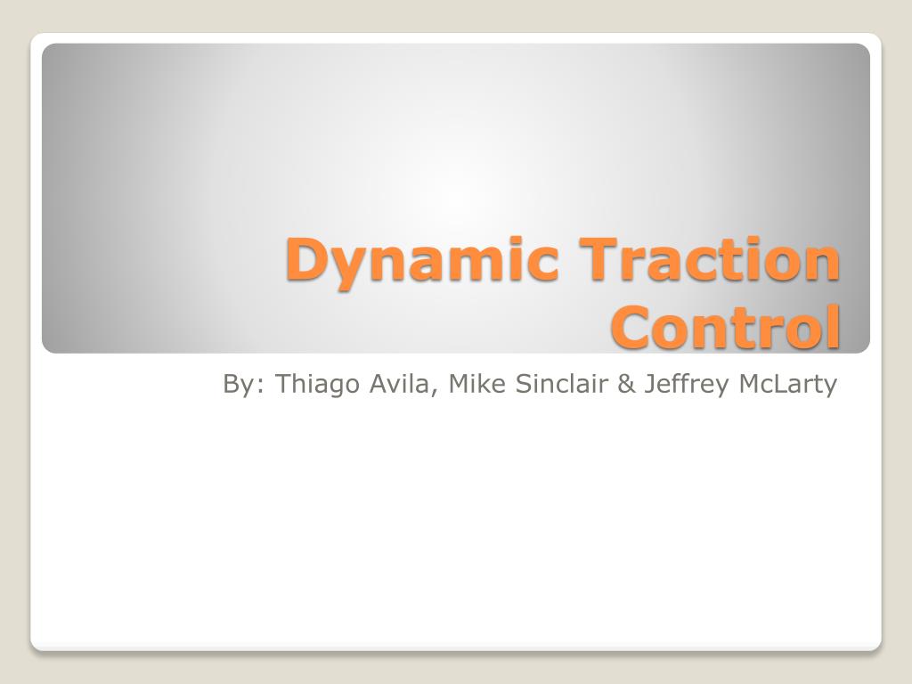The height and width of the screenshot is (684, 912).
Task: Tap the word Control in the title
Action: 726,327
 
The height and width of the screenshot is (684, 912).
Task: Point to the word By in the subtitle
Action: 237,385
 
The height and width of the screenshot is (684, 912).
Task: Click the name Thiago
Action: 308,385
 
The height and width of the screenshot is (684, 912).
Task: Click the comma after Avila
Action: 436,393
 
